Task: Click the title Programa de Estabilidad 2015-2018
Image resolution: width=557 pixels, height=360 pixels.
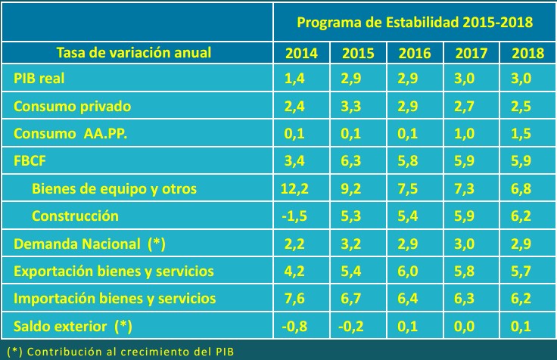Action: (x=415, y=22)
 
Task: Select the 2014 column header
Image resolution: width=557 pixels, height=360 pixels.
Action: (x=301, y=53)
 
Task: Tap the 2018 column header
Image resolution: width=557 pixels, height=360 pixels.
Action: (x=527, y=53)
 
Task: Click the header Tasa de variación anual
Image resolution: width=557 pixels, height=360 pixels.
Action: (x=134, y=52)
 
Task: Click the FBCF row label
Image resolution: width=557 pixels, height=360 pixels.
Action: (x=30, y=161)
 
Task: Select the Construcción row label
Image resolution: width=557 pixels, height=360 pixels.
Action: (x=75, y=216)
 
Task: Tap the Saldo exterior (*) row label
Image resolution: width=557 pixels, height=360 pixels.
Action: (x=72, y=326)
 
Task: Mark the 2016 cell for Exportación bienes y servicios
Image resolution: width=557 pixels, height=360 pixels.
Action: (x=415, y=271)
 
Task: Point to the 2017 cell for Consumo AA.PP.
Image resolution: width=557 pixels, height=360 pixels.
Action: (x=471, y=134)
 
